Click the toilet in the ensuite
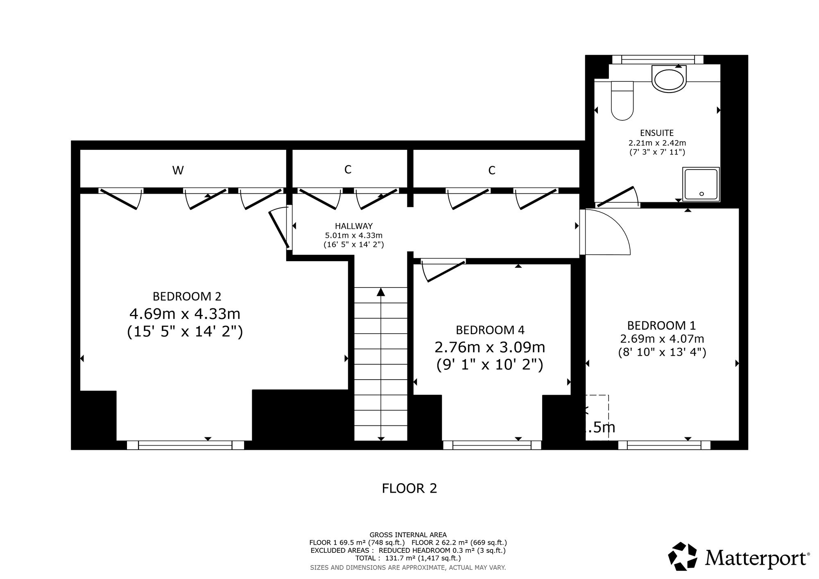click(x=622, y=101)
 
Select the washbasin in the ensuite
click(x=669, y=80)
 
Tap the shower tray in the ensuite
click(x=701, y=184)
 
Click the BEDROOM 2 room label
click(x=187, y=296)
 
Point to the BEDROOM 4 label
click(x=490, y=330)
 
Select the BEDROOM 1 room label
click(x=662, y=326)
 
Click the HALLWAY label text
click(x=354, y=226)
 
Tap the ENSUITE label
click(x=657, y=133)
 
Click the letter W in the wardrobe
click(x=178, y=170)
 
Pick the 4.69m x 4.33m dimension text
click(x=185, y=314)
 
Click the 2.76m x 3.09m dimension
click(x=490, y=348)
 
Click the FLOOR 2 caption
click(x=409, y=488)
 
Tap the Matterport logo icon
click(x=683, y=556)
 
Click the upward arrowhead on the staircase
click(x=381, y=292)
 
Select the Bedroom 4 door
click(x=443, y=270)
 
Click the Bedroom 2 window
click(x=185, y=445)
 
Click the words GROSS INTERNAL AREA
click(x=408, y=535)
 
